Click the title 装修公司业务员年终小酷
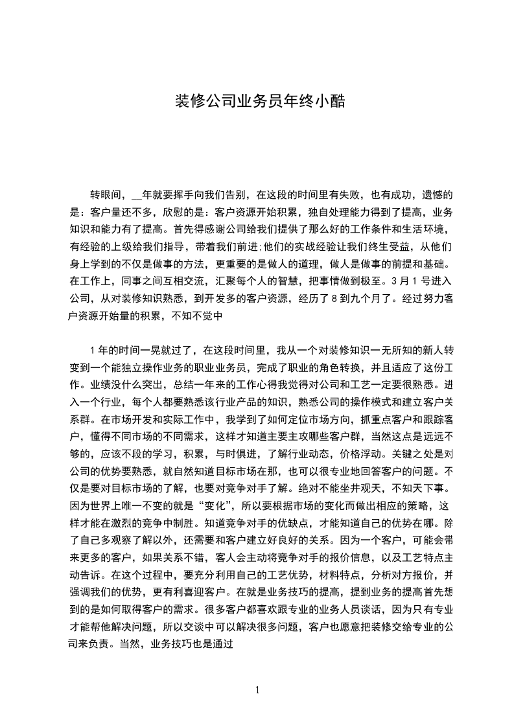pos(257,102)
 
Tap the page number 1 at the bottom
pos(257,689)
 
